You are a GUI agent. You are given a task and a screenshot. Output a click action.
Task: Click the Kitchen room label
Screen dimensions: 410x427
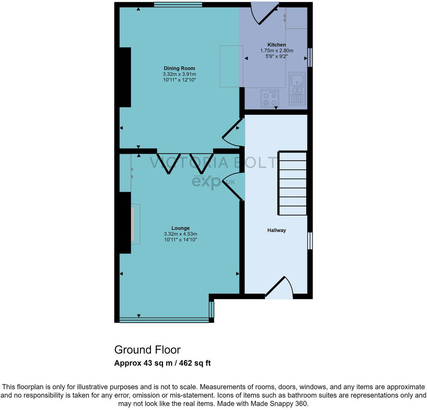point(277,45)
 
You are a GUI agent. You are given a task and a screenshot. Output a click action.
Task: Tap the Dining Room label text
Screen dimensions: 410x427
point(179,68)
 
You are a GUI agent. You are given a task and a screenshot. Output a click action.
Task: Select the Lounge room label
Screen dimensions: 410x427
point(180,228)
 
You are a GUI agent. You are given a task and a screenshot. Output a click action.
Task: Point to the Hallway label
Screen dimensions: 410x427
point(277,230)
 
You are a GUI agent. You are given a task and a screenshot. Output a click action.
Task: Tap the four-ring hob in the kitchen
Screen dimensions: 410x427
point(270,99)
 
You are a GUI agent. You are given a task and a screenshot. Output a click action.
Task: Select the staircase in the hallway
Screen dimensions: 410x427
point(292,183)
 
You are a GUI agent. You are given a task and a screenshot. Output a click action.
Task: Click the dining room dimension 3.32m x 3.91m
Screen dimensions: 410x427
point(179,74)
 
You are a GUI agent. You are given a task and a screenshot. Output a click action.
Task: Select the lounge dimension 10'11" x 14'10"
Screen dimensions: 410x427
point(180,239)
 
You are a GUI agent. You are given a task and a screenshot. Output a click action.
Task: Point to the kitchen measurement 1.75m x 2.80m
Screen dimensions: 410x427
point(277,51)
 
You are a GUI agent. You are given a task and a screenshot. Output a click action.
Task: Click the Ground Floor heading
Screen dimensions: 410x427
point(147,350)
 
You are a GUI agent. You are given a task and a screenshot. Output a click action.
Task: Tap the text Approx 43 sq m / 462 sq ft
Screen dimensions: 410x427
point(162,363)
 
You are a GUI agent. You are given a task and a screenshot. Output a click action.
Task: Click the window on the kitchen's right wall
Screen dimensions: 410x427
point(310,57)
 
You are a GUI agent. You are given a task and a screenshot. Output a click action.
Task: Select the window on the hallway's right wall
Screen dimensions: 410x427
point(310,241)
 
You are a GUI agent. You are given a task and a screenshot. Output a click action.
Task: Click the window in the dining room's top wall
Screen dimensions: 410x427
point(178,5)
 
